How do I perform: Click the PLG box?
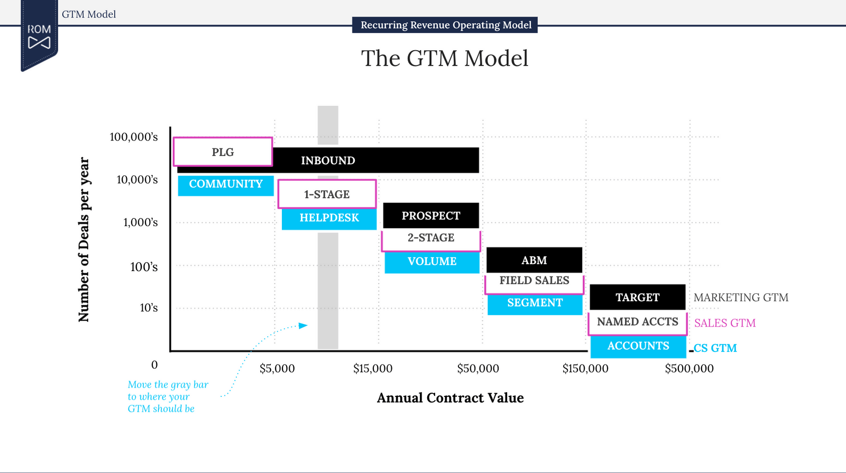pos(223,152)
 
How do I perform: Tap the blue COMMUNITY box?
pos(226,185)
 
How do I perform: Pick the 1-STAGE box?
pos(327,194)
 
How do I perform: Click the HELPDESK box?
pos(329,218)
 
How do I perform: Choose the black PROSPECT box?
pos(430,216)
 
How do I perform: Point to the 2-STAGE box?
pos(430,238)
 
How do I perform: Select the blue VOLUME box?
pos(431,262)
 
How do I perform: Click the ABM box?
pos(534,260)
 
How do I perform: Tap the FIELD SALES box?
pos(534,281)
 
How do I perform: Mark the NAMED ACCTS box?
pos(637,322)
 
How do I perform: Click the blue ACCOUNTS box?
pos(638,347)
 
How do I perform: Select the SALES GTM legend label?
pos(724,323)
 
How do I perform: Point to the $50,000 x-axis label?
pos(478,368)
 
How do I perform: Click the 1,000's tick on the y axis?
pos(141,222)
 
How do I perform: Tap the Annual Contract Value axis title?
pos(450,398)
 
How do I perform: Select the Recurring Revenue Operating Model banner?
pos(445,25)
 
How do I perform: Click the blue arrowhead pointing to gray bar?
pos(303,326)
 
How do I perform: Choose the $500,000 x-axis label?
pos(689,368)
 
